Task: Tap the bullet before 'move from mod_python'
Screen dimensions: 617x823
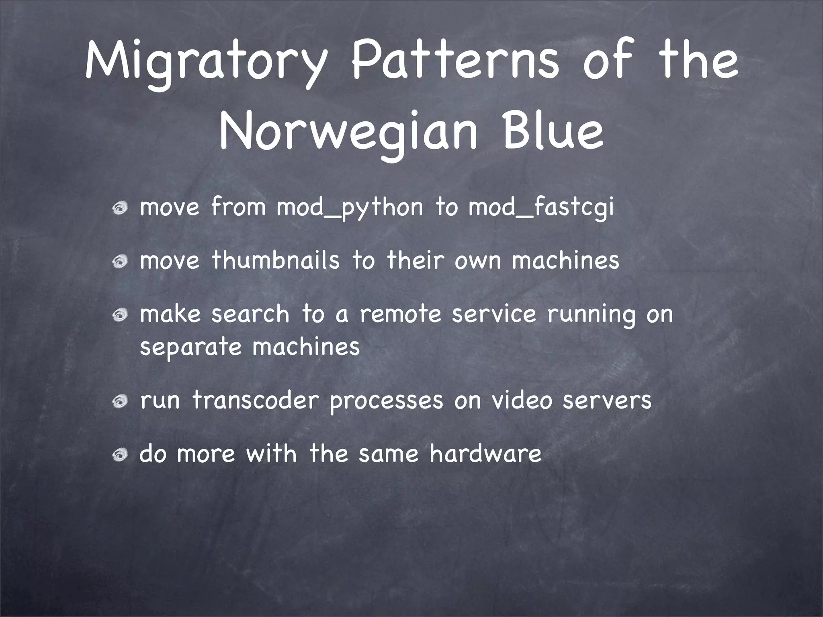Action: pos(120,208)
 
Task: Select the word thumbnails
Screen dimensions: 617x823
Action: pos(276,260)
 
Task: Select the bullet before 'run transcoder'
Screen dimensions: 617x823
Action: pos(120,402)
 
